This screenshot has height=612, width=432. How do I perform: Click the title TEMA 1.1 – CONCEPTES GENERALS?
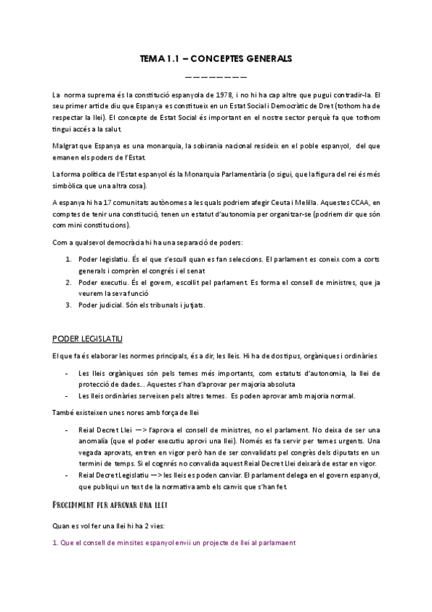tap(216, 60)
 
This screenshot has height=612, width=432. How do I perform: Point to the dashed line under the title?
tap(216, 75)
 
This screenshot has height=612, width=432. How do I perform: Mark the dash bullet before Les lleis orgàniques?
tap(66, 373)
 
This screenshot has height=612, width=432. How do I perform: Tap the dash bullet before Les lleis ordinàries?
tap(66, 396)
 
